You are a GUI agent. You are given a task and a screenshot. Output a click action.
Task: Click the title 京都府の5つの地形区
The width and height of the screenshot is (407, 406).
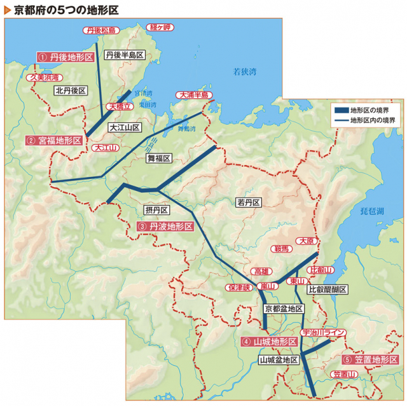[61, 10]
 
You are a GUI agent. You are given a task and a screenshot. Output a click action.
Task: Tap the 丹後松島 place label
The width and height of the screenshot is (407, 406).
[101, 30]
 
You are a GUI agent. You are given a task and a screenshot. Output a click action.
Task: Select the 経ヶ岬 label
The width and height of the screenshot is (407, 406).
[160, 27]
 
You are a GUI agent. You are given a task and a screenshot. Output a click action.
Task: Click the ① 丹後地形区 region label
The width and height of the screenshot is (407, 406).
[66, 57]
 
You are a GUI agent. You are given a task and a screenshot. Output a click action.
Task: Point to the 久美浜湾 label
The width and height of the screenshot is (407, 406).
[44, 77]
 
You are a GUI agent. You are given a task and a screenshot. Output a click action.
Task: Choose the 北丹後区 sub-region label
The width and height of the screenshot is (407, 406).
[70, 91]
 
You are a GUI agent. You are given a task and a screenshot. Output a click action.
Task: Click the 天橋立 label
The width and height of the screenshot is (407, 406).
[120, 107]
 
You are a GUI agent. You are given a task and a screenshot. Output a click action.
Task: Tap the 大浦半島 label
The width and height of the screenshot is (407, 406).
[194, 95]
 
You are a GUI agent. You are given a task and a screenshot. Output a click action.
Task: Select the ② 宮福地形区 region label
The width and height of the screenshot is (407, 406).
[55, 140]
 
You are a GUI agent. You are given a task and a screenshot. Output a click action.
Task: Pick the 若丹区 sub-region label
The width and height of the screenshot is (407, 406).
[249, 203]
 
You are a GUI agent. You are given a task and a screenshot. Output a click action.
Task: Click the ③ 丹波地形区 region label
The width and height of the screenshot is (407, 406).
[165, 227]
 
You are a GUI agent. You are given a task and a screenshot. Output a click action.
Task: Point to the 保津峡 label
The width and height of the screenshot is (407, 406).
[239, 287]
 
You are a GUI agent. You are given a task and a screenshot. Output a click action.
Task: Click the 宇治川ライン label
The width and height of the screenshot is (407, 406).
[324, 333]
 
